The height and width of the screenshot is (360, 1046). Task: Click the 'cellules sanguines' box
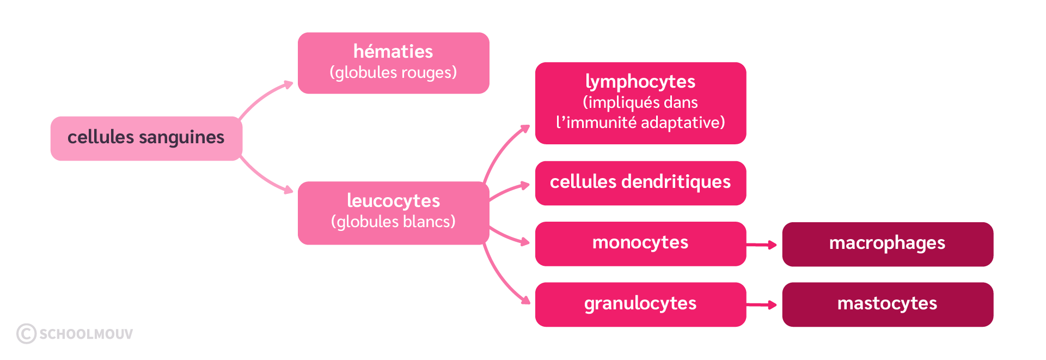click(x=146, y=138)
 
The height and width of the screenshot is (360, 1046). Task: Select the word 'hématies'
click(x=393, y=52)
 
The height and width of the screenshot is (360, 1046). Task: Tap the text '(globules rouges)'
click(x=393, y=72)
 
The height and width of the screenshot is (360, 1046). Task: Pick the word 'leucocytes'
click(x=393, y=201)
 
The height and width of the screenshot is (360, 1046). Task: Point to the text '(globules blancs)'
click(x=393, y=222)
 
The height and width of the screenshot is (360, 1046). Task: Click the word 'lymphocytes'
click(x=640, y=82)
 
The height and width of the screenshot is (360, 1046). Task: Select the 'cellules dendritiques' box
click(x=640, y=182)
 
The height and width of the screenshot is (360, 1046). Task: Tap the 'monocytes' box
click(x=640, y=243)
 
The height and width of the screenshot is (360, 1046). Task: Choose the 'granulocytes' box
click(x=640, y=304)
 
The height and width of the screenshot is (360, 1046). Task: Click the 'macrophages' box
click(x=887, y=243)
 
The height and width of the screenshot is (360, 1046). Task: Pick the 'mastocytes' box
click(x=887, y=304)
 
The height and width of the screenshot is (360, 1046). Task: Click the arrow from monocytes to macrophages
click(x=762, y=245)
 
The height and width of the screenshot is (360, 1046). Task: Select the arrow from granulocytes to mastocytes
click(x=762, y=305)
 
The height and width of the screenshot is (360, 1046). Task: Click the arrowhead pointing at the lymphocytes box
click(x=524, y=129)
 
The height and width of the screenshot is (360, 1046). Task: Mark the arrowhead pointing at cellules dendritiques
click(x=525, y=186)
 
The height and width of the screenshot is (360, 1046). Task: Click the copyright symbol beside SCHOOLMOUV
click(x=26, y=334)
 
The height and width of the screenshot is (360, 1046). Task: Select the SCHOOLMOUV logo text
click(x=86, y=334)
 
